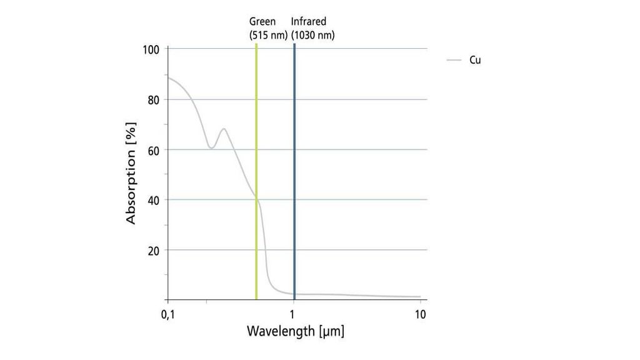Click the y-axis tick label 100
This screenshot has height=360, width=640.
pyautogui.click(x=151, y=49)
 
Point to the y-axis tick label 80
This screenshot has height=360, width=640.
pyautogui.click(x=154, y=99)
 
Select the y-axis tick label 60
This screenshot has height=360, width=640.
pyautogui.click(x=154, y=149)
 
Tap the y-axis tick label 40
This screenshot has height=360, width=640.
pyautogui.click(x=154, y=200)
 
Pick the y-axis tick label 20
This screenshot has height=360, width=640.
pyautogui.click(x=154, y=250)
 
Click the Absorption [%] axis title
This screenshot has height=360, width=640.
pyautogui.click(x=131, y=174)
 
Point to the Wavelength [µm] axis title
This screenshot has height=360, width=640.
pyautogui.click(x=296, y=331)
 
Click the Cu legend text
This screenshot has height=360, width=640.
pyautogui.click(x=475, y=60)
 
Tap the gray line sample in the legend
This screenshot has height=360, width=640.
pyautogui.click(x=454, y=60)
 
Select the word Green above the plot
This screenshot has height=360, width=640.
pyautogui.click(x=262, y=22)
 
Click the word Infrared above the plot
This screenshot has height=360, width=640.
pyautogui.click(x=309, y=22)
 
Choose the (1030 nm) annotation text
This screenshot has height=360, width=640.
pyautogui.click(x=313, y=35)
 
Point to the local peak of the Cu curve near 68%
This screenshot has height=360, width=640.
pyautogui.click(x=223, y=129)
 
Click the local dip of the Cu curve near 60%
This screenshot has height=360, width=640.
pyautogui.click(x=211, y=148)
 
